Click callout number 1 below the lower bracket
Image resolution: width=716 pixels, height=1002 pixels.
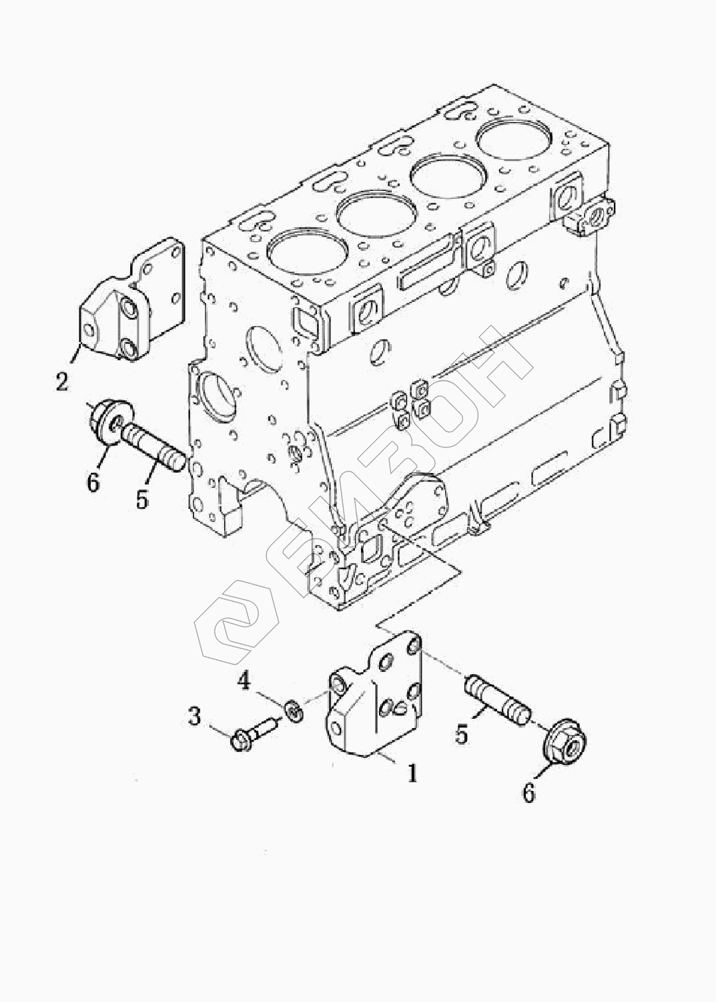[412, 773]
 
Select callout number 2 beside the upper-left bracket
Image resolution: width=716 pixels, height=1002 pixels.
[62, 381]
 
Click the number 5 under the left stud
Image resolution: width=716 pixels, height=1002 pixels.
[142, 499]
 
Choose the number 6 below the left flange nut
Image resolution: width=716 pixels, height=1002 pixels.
[93, 482]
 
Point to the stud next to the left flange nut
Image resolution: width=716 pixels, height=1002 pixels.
[153, 448]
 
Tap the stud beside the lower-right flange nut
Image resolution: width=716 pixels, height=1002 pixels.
[497, 705]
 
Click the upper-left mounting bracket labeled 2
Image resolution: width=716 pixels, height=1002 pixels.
[133, 300]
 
